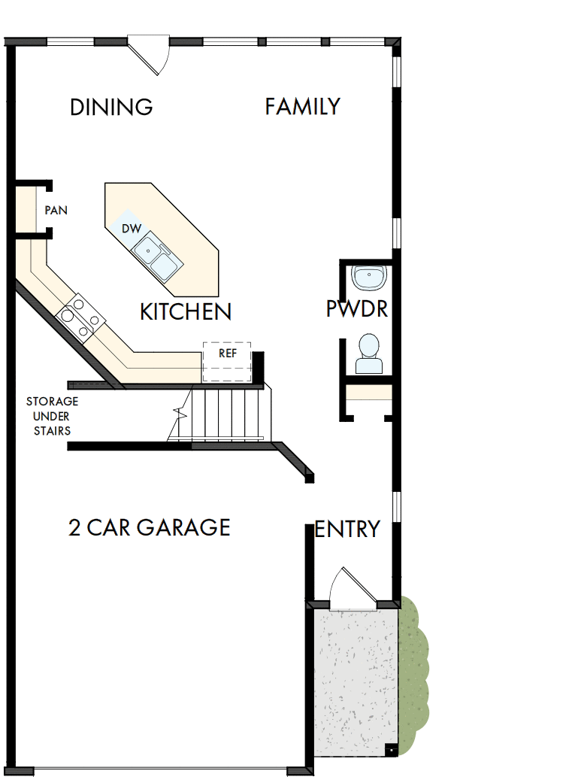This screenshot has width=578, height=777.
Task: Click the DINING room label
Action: (x=111, y=108)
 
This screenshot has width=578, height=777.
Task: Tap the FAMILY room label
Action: (x=302, y=107)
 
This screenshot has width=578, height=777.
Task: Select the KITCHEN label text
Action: (x=186, y=311)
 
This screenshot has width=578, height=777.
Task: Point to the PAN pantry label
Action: (x=56, y=211)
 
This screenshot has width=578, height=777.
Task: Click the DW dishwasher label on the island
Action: (x=132, y=227)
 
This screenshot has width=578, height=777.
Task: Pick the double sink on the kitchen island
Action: (x=156, y=255)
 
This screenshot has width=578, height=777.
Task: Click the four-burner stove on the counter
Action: (x=77, y=317)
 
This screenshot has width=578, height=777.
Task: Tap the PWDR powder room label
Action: (x=357, y=309)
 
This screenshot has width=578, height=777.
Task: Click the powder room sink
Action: (x=369, y=278)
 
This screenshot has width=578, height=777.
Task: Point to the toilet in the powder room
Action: (x=368, y=354)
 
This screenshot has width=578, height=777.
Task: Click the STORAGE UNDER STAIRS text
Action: (x=52, y=416)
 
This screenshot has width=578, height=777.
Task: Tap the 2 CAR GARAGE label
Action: (x=149, y=527)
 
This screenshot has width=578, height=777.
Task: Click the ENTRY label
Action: (x=347, y=530)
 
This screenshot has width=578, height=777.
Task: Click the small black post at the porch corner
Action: (x=389, y=750)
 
